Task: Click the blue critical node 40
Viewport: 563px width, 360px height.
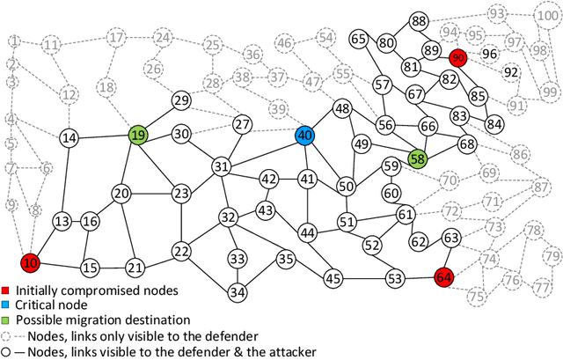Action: (x=304, y=136)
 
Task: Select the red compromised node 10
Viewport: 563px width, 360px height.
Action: (x=30, y=263)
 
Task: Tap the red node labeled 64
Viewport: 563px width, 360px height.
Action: (x=444, y=277)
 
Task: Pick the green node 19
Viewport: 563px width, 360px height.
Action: (x=138, y=136)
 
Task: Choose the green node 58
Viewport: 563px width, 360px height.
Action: (x=417, y=158)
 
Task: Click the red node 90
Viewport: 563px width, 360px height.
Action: (x=457, y=57)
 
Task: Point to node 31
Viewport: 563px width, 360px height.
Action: (x=222, y=166)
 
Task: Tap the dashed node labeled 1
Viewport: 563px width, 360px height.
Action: (x=14, y=41)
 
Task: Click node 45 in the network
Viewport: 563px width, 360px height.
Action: (x=333, y=278)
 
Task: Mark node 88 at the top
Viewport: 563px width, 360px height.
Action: (x=420, y=21)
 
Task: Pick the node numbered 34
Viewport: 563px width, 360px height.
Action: (x=237, y=292)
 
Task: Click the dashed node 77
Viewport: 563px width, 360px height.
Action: (x=541, y=286)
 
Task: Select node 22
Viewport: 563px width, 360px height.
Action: (x=181, y=252)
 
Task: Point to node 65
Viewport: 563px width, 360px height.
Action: (x=359, y=39)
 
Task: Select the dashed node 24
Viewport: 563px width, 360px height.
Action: (x=162, y=38)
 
